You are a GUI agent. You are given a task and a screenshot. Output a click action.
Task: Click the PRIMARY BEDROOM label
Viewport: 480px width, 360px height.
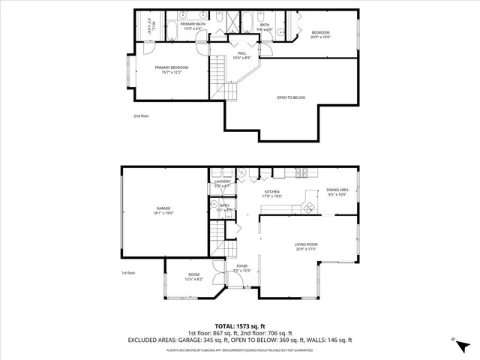coord(172,67)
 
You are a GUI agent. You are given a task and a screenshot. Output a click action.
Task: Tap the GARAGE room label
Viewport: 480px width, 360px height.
coord(163,208)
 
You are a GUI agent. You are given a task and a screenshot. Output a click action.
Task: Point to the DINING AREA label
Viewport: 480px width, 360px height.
coord(337,190)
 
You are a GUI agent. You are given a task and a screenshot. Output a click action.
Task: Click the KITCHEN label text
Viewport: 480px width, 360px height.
coord(271,192)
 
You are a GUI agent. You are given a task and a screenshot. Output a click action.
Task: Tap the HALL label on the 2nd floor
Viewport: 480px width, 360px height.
coord(242,53)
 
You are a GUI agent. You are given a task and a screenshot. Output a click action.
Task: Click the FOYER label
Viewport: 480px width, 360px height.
coord(242,266)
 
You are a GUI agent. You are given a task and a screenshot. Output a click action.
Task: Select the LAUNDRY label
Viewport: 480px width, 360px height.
coord(222,181)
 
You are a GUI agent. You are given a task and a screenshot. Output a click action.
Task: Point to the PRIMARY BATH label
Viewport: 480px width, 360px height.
coord(192,24)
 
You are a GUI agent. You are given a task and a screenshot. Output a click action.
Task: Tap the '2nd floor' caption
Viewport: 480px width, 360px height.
coord(142,116)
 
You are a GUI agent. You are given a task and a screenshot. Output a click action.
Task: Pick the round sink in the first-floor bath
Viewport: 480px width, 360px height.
coord(215,204)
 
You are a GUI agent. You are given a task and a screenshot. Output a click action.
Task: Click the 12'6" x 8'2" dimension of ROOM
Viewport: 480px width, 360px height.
coord(193,280)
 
